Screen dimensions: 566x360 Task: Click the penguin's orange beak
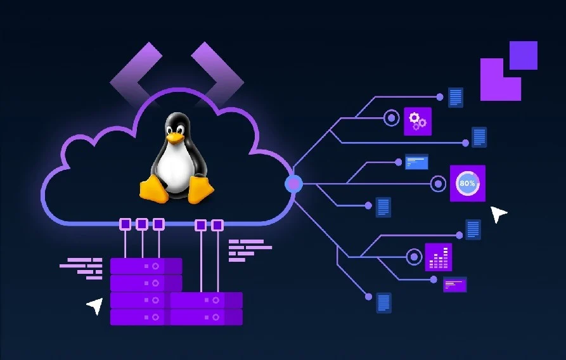click(175, 138)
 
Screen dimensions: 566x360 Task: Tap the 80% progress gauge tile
click(468, 183)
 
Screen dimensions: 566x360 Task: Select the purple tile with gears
click(418, 121)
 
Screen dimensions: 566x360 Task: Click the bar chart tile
click(439, 257)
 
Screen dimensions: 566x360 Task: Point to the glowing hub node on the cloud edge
click(294, 183)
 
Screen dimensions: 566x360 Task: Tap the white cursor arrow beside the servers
click(95, 306)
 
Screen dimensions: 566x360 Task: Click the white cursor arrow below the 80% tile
click(499, 214)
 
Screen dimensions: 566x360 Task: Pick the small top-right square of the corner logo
click(524, 55)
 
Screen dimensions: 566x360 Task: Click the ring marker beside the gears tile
click(391, 118)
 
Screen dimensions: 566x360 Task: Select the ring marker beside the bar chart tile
click(414, 257)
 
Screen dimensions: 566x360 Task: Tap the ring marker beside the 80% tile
click(438, 184)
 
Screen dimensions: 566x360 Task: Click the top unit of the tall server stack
click(146, 266)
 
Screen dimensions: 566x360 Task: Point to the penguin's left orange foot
click(153, 189)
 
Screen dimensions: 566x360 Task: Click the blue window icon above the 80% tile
click(416, 162)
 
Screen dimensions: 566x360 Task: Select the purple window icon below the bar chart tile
click(455, 285)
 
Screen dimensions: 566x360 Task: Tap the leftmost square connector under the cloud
click(125, 224)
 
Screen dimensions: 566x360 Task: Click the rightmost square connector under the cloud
click(217, 225)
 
